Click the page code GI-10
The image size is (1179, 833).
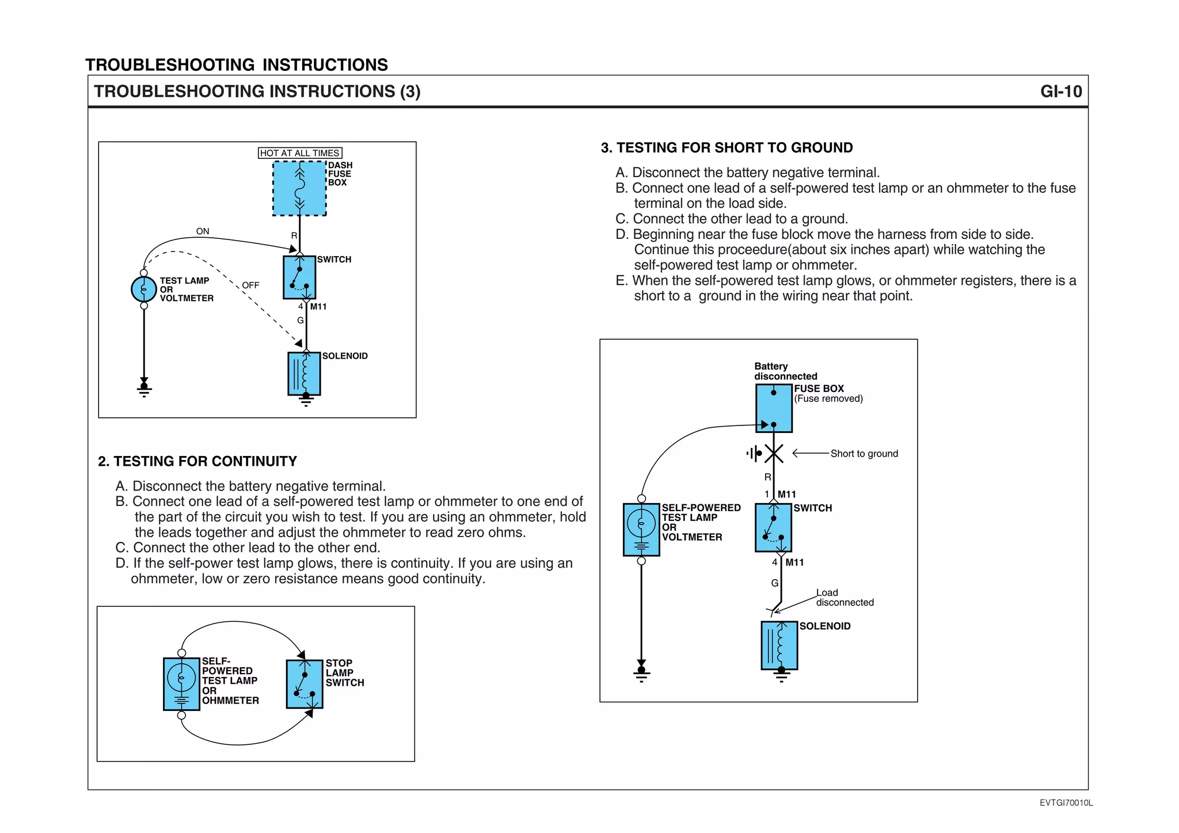tap(1060, 92)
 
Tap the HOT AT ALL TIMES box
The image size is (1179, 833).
tap(300, 153)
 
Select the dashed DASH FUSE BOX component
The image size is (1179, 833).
tap(299, 189)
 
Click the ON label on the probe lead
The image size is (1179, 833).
tap(203, 231)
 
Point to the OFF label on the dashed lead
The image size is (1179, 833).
tap(250, 286)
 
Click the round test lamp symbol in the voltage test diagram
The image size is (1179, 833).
tap(144, 289)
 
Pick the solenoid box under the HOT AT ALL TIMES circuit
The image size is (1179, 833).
tap(304, 374)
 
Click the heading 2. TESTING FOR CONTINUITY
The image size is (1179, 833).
tap(197, 461)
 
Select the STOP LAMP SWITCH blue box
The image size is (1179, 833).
tap(305, 684)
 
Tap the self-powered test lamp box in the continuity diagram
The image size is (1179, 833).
tap(181, 684)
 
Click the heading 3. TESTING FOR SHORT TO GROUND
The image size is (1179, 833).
tap(727, 148)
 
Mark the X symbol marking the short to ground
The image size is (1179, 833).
tap(774, 454)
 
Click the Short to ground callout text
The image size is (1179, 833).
tap(864, 454)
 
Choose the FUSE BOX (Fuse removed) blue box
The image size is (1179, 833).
tap(774, 408)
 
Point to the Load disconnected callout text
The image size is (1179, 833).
tap(844, 598)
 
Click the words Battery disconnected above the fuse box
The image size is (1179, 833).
tap(785, 371)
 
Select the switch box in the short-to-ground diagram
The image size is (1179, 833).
tap(773, 527)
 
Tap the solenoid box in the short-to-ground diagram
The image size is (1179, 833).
tap(779, 645)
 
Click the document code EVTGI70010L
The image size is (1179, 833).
tap(1066, 803)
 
